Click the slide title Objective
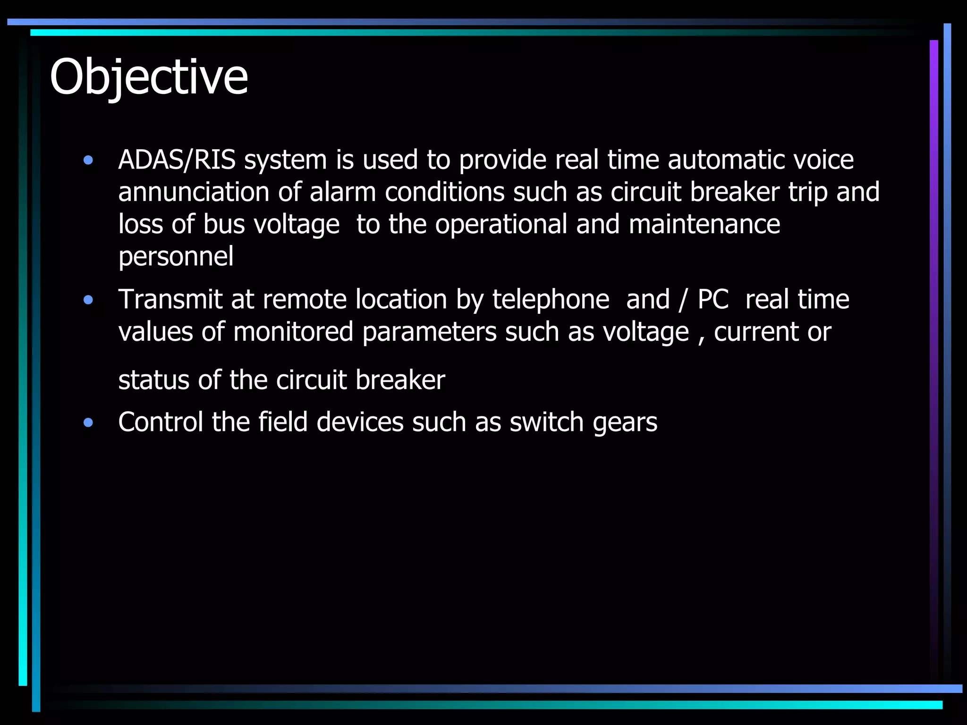pyautogui.click(x=149, y=77)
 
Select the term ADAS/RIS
pyautogui.click(x=177, y=160)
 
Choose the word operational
pyautogui.click(x=501, y=224)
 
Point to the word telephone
pyautogui.click(x=551, y=299)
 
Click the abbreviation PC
pyautogui.click(x=713, y=299)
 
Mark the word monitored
pyautogui.click(x=293, y=332)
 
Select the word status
pyautogui.click(x=153, y=380)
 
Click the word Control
pyautogui.click(x=161, y=422)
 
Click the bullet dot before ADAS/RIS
pyautogui.click(x=88, y=160)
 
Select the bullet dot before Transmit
pyautogui.click(x=88, y=300)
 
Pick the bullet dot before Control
pyautogui.click(x=88, y=422)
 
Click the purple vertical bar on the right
pyautogui.click(x=933, y=330)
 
